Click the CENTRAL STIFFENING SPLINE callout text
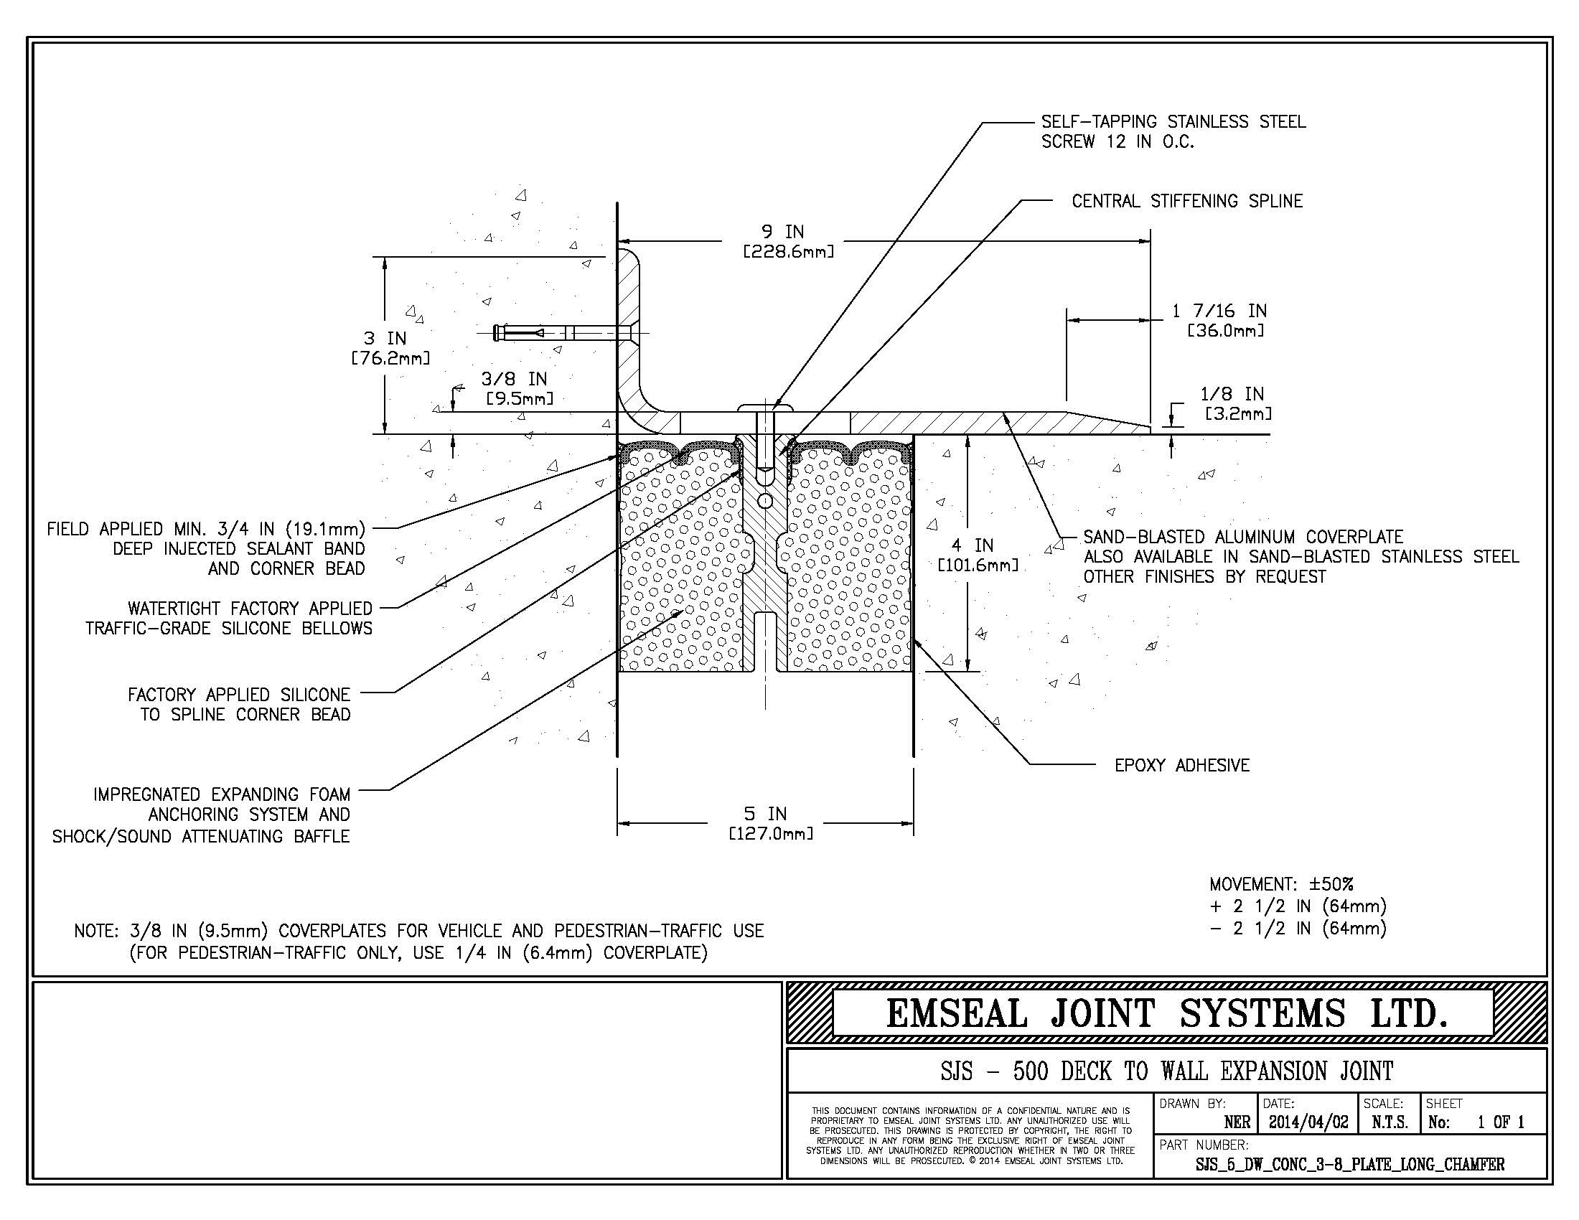[1186, 201]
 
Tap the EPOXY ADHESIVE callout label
[1181, 766]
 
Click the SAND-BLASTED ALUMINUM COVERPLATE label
[1242, 537]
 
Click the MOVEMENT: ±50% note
[1281, 884]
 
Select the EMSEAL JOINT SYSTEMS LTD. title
[1166, 1013]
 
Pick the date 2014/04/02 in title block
[1308, 1122]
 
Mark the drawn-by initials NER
[1237, 1122]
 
